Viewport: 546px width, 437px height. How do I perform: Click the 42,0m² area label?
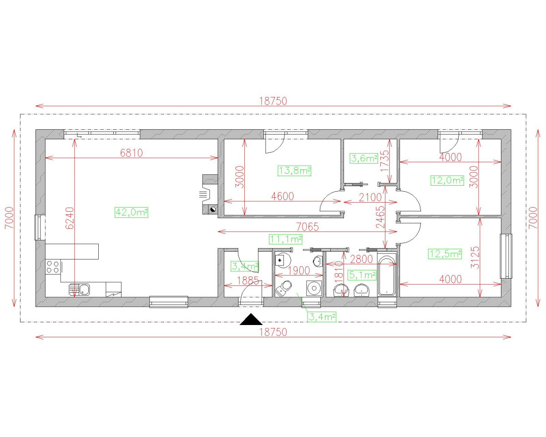131,212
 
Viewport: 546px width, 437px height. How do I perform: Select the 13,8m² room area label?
294,171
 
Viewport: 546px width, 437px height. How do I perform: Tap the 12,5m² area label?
445,254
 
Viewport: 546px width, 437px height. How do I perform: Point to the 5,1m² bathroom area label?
362,275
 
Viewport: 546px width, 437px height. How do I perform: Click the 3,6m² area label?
364,158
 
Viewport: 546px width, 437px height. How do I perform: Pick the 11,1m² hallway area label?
286,239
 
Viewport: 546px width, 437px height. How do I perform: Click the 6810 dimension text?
131,153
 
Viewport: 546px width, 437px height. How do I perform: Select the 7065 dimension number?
308,227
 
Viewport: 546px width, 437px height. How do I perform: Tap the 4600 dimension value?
283,196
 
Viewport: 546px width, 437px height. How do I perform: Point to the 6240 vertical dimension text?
70,218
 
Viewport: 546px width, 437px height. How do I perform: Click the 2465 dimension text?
380,217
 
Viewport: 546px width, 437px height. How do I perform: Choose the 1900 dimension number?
299,271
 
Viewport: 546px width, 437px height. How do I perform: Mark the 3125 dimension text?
475,258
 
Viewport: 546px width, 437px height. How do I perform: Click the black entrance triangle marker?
251,319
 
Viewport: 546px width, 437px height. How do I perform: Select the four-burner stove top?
53,267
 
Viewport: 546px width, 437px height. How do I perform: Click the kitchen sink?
79,290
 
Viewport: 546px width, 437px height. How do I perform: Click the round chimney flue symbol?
212,209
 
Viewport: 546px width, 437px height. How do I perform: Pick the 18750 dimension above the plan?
273,102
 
